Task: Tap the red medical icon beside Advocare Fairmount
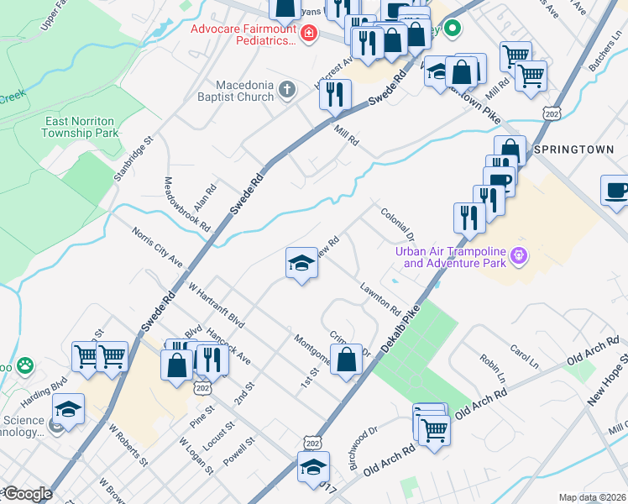[309, 34]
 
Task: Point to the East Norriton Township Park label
[81, 127]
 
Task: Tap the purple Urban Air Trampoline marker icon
[519, 254]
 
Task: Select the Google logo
[27, 494]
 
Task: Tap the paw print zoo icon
[27, 366]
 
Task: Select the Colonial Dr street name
[398, 223]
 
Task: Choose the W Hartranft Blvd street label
[216, 307]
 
